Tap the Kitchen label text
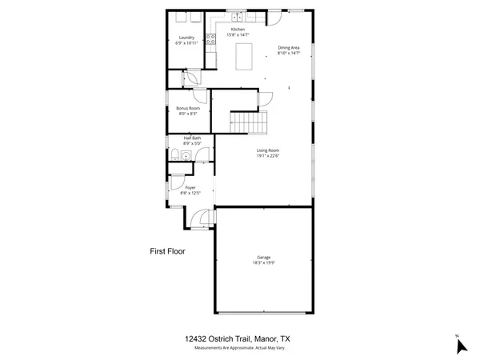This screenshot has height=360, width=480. coord(238,30)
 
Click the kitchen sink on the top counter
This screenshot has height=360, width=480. coord(238,16)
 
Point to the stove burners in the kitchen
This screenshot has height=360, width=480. coord(210,39)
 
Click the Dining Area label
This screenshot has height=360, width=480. coord(289,48)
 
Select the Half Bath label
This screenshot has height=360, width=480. coord(192,139)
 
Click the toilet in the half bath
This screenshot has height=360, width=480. coord(174,154)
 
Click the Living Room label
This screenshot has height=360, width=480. coord(267,150)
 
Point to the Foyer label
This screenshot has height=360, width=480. coord(190,187)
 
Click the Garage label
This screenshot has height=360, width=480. coord(263,258)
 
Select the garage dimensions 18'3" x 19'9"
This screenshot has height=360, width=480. coord(263,263)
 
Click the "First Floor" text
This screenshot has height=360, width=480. coord(167,251)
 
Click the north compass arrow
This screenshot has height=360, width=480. coord(460,346)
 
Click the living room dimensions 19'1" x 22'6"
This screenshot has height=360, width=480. coord(267,156)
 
